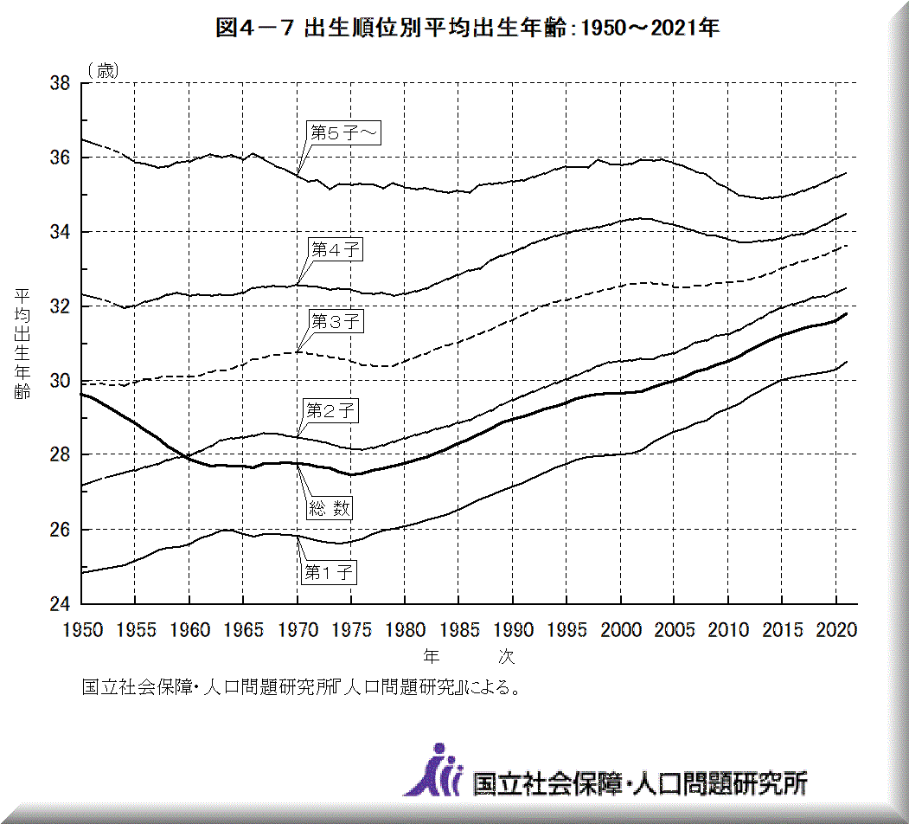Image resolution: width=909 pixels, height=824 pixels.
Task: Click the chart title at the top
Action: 467,28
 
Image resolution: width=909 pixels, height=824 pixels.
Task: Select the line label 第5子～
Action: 345,132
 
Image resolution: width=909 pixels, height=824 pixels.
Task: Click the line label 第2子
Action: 330,410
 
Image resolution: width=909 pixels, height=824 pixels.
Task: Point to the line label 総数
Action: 330,508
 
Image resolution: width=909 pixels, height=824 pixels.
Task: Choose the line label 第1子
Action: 330,571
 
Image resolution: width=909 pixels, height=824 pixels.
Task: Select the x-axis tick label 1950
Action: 82,630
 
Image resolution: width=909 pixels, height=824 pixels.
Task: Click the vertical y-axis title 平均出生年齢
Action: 22,344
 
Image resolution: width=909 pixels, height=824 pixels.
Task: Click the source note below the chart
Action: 301,688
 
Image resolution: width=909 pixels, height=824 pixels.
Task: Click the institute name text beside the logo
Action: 640,783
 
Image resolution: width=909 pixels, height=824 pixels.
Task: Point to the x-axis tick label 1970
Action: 298,630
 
